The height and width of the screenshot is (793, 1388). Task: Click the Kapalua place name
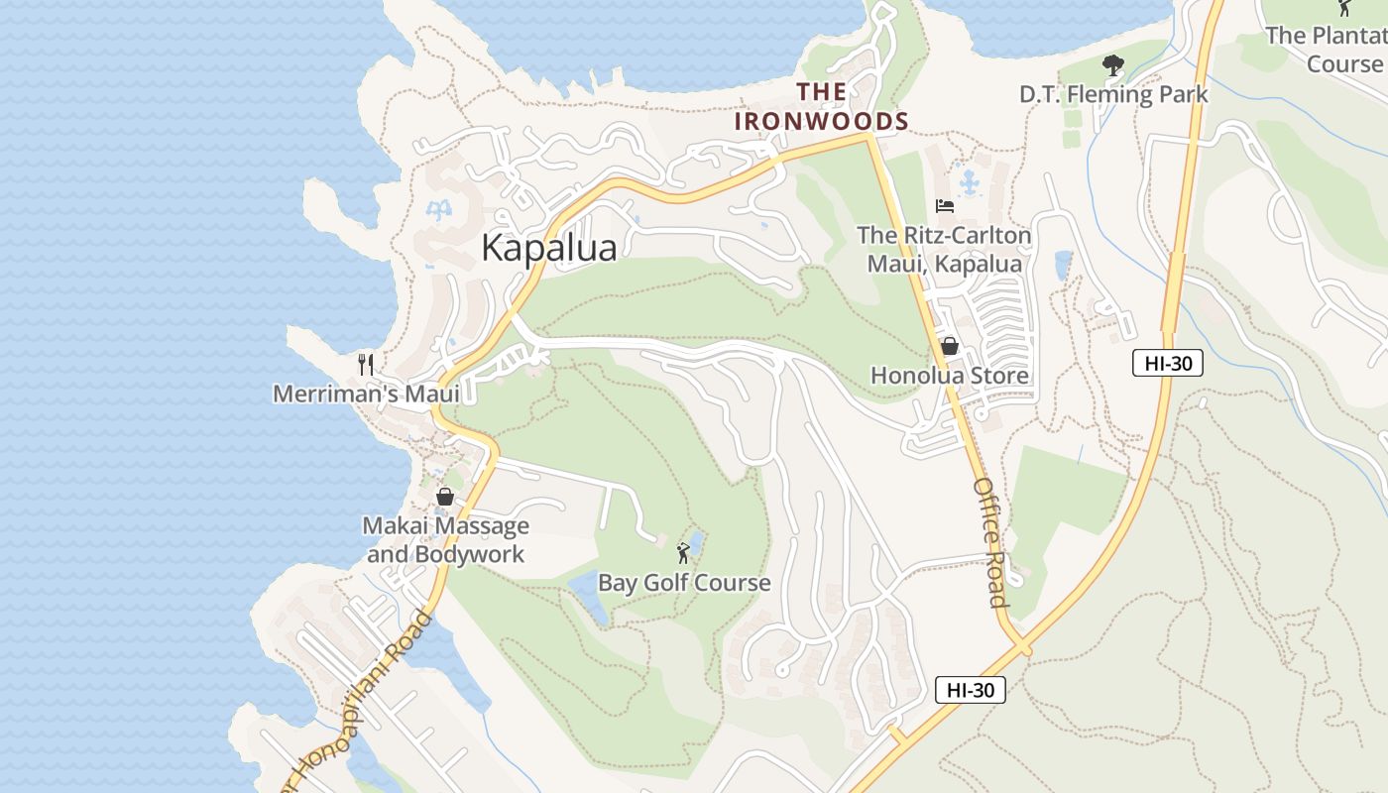[548, 248]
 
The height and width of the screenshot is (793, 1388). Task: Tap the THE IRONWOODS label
[821, 107]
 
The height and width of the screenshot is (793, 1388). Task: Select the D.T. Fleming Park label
[1113, 94]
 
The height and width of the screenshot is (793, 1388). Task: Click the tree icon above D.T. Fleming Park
[1113, 65]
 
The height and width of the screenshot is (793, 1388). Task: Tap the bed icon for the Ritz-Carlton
[945, 206]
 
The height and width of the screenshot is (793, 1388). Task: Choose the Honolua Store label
[949, 376]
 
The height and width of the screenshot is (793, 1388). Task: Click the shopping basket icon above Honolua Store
[949, 346]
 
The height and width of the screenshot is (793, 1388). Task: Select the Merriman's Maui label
[366, 394]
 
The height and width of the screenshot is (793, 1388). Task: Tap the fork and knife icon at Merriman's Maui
[366, 364]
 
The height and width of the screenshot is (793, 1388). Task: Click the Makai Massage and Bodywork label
[445, 539]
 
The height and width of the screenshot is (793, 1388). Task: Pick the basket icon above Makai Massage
[445, 497]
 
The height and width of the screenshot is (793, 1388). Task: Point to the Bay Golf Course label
[683, 583]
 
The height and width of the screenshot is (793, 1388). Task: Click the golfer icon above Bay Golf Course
[683, 552]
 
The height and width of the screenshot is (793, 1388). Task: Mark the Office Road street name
[990, 542]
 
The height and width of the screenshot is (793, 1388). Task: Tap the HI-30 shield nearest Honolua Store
[1167, 363]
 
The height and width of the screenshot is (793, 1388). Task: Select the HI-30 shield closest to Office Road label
[970, 690]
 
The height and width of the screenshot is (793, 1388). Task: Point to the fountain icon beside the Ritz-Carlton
[969, 182]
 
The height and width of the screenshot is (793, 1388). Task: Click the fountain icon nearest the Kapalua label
[437, 209]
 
